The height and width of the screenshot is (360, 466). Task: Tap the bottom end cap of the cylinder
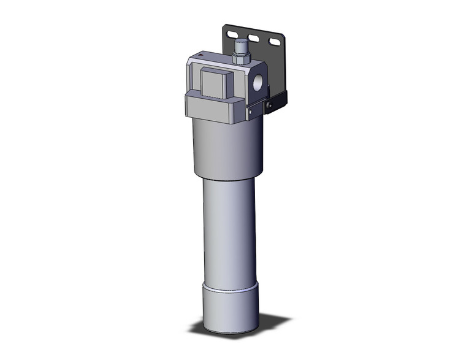pos(229,310)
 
